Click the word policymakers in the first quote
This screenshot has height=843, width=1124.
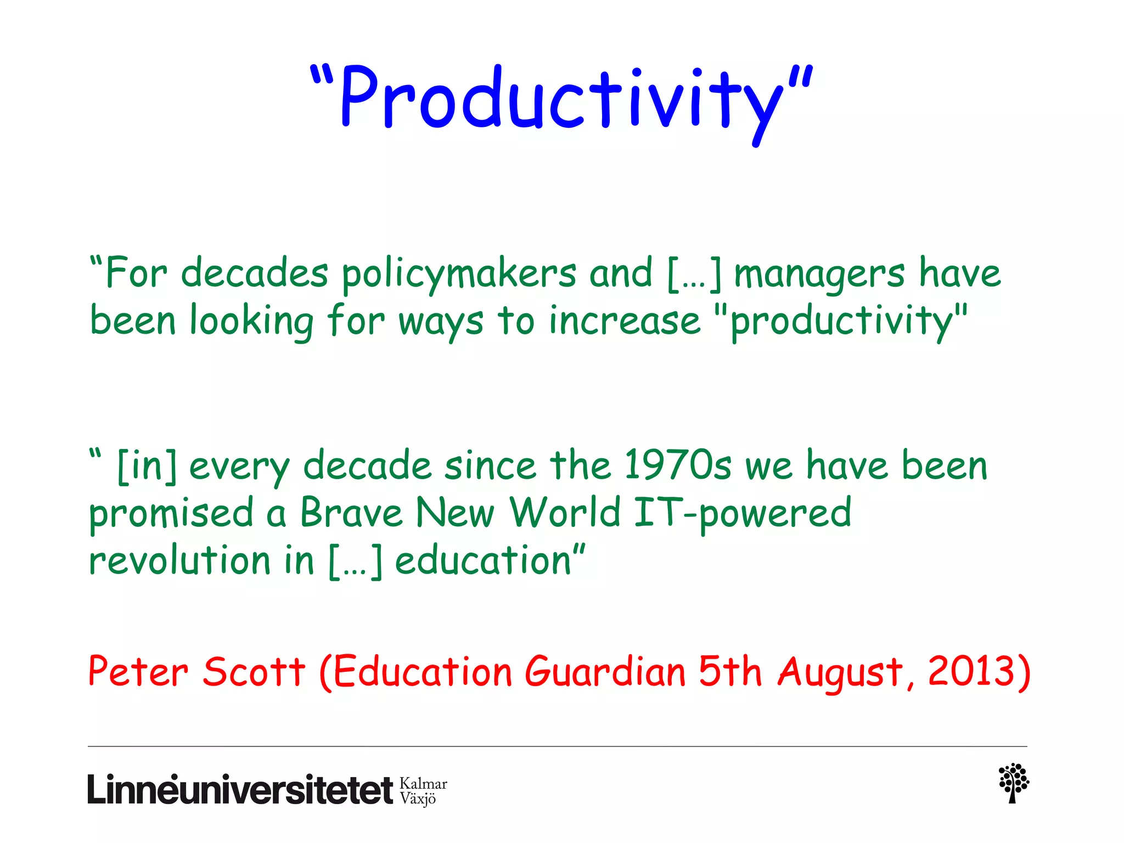coord(459,274)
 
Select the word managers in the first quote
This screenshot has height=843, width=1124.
coord(819,274)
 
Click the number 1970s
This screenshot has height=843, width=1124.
coord(677,465)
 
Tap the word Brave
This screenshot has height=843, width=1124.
coord(351,513)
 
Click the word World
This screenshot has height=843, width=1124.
coord(565,513)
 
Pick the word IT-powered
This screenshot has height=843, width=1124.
coord(742,514)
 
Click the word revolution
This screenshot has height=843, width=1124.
coord(180,560)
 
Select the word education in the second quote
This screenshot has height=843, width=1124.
coord(483,560)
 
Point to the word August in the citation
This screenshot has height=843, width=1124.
coord(840,672)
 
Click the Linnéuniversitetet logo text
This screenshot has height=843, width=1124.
coord(240,790)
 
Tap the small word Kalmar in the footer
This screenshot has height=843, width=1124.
coord(423,784)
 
